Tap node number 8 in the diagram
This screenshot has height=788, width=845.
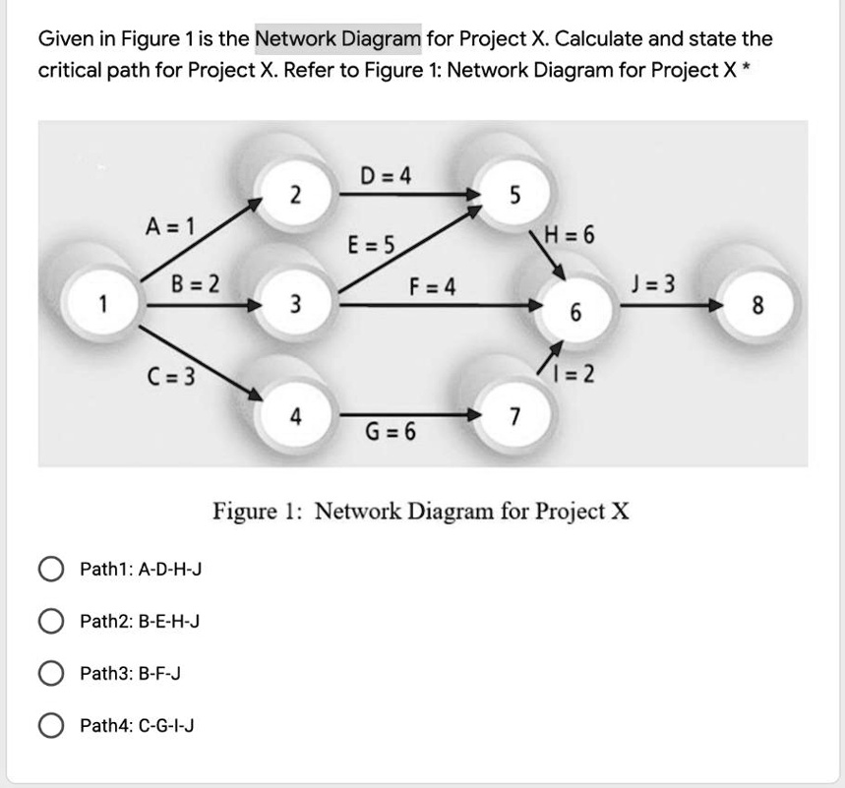(x=755, y=305)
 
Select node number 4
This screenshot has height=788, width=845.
(x=294, y=415)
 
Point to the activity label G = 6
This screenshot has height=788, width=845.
(x=391, y=433)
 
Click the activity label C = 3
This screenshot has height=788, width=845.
(x=171, y=375)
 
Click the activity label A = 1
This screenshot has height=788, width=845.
(x=170, y=225)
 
